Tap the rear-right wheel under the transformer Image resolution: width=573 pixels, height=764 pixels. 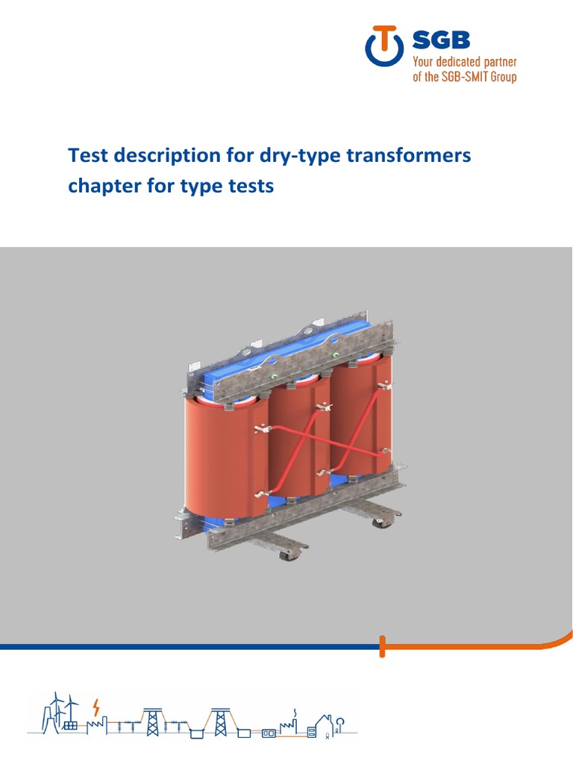[381, 522]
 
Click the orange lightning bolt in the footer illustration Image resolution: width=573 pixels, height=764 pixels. [95, 708]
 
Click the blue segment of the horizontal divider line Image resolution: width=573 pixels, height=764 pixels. [187, 646]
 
